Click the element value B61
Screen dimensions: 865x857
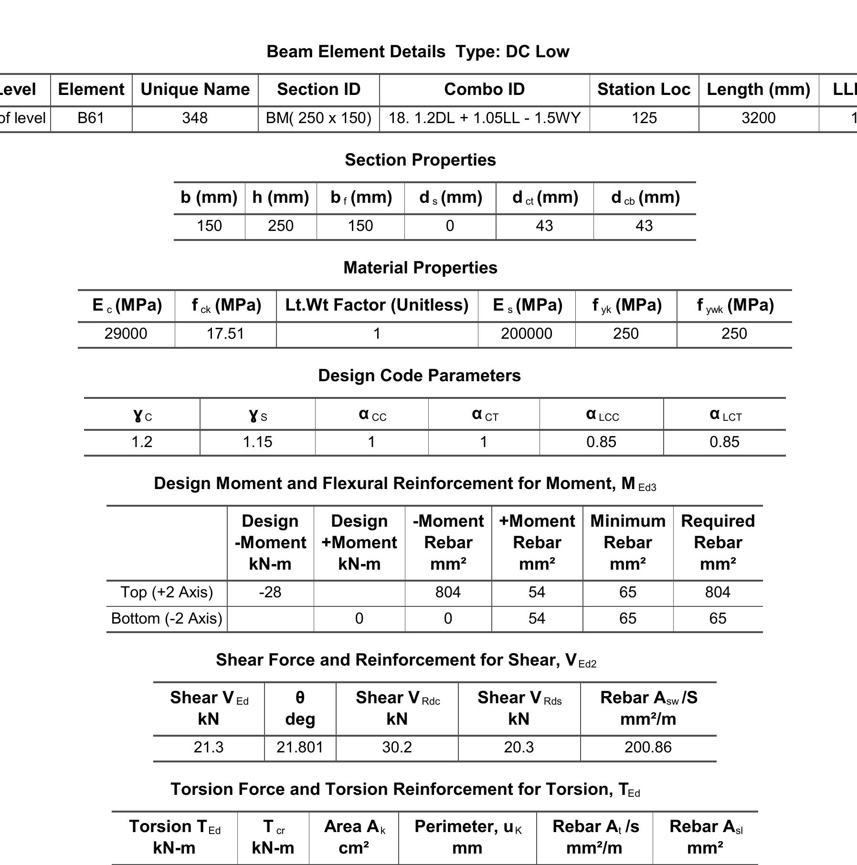coord(91,118)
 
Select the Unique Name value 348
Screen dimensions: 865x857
coord(195,118)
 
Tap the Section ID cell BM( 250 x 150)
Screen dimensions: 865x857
coord(318,118)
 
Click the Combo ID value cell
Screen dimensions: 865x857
coord(484,118)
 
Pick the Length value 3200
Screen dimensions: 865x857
coord(758,118)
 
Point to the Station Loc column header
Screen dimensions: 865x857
coord(644,90)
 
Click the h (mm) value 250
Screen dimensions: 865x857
coord(280,226)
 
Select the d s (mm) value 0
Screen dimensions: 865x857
coord(450,226)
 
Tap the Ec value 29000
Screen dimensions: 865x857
coord(126,334)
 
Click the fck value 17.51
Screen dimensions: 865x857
coord(225,334)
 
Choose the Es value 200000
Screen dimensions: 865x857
coord(526,334)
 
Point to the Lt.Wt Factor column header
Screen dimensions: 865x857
coord(377,305)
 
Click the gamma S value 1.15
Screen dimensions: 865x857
coord(257,442)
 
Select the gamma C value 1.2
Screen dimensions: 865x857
coord(142,442)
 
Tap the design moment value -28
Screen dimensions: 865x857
coord(270,593)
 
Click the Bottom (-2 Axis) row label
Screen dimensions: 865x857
coord(167,619)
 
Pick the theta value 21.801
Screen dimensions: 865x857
coord(300,748)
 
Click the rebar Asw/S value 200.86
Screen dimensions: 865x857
coord(648,748)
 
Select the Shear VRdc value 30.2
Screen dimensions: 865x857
coord(397,748)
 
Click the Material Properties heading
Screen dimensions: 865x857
coord(420,268)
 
